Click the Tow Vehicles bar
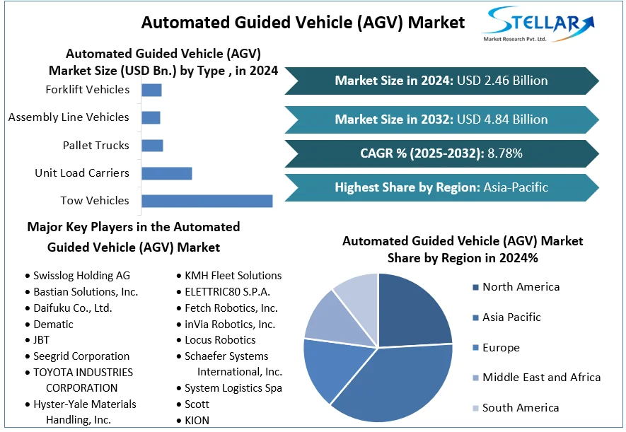(x=207, y=201)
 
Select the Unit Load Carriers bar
(x=167, y=173)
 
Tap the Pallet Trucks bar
(x=152, y=146)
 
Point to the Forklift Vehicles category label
(x=87, y=90)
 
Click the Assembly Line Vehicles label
(x=69, y=117)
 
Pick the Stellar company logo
(x=538, y=25)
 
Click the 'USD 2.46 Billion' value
(x=502, y=81)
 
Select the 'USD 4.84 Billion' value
(x=502, y=119)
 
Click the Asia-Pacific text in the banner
(x=516, y=187)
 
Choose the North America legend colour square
(x=475, y=287)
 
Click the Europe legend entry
(x=501, y=348)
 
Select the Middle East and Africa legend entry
(x=541, y=378)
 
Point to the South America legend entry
(x=521, y=408)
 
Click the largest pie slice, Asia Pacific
(x=396, y=375)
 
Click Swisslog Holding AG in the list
(x=81, y=276)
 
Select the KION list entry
(x=197, y=421)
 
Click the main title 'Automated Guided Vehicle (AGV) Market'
(x=303, y=23)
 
